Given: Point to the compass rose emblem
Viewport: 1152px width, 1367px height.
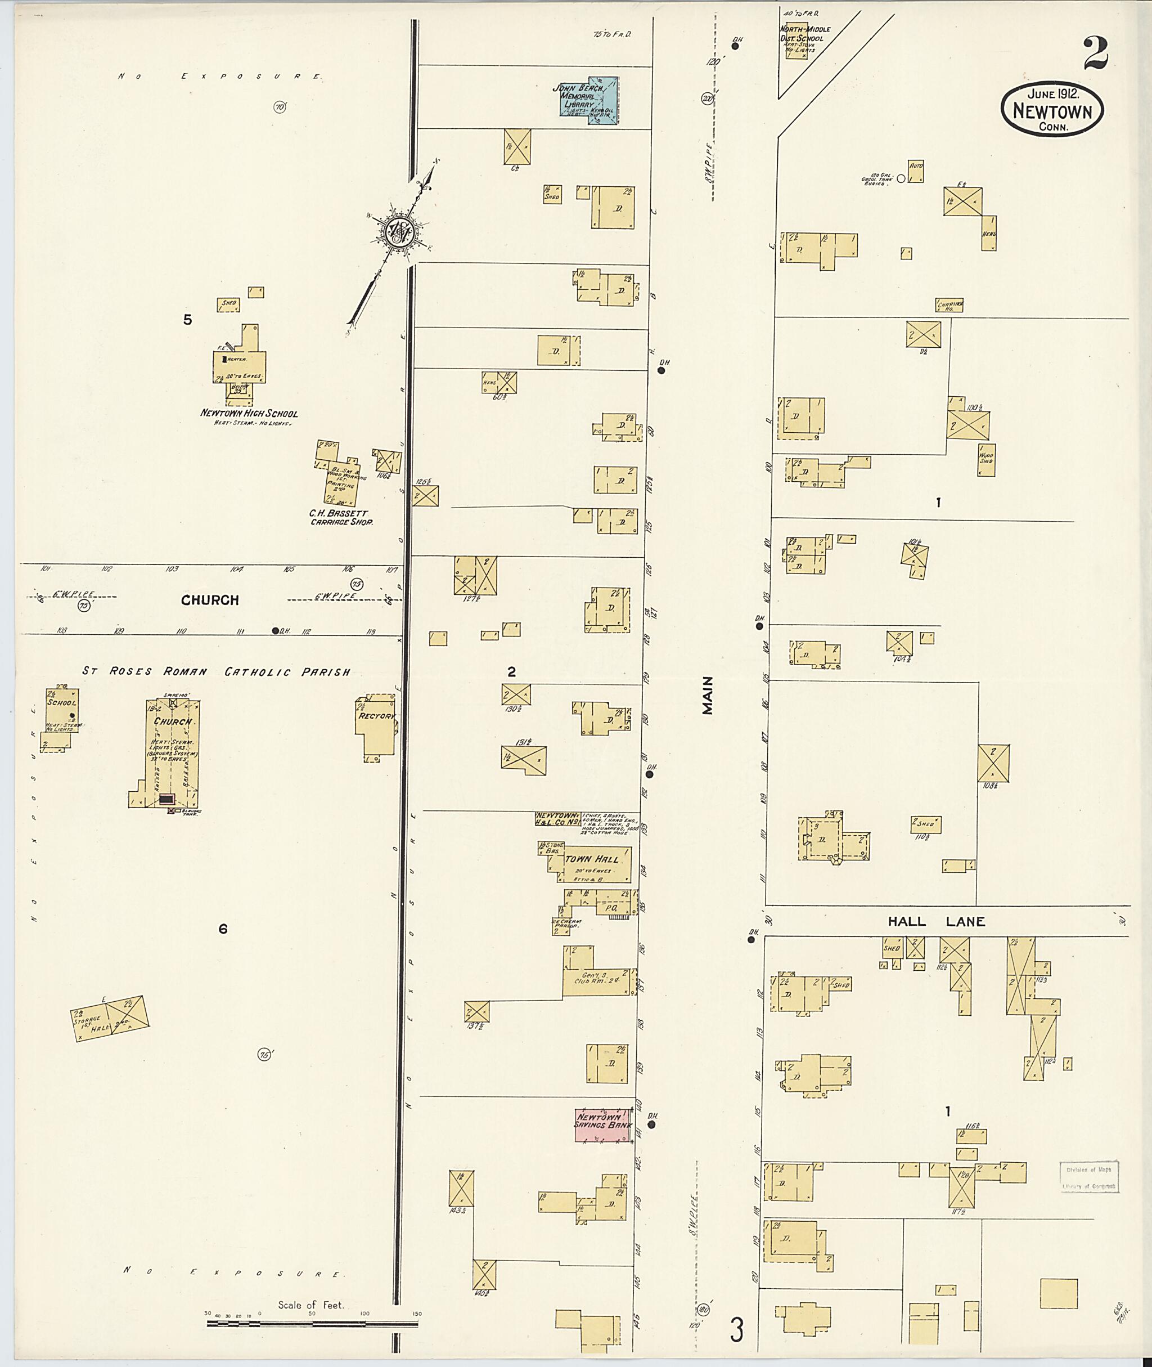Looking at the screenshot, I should [397, 230].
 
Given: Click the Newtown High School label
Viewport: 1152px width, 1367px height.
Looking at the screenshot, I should [249, 413].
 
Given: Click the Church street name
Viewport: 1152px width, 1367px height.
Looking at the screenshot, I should [210, 600].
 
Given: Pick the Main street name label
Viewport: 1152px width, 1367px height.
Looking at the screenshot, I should [708, 697].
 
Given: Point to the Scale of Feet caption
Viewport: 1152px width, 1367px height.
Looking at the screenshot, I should [310, 1305].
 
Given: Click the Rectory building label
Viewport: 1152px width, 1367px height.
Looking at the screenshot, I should [377, 715].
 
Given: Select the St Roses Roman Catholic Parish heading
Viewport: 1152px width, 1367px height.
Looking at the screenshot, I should [216, 671].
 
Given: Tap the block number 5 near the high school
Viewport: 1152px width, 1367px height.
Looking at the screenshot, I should [187, 320].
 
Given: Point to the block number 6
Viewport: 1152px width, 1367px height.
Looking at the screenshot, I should [223, 929].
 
